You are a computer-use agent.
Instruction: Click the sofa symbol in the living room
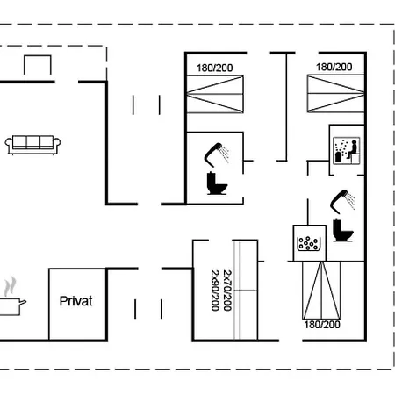pos(32,145)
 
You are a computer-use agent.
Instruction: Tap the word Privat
pos(75,301)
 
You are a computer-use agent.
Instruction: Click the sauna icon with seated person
pos(347,150)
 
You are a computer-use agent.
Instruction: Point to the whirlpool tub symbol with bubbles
pos(309,243)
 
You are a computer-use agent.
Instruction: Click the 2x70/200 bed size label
pos(227,291)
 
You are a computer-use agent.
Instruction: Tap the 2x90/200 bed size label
pos(215,291)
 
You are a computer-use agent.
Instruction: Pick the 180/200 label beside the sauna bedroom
pos(334,67)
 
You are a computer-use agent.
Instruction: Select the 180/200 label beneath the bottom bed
pos(322,325)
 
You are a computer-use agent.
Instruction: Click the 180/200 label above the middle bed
pos(214,68)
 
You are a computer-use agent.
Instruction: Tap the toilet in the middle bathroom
pos(217,183)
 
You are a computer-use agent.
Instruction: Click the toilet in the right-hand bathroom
pos(343,230)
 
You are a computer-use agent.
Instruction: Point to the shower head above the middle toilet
pos(217,154)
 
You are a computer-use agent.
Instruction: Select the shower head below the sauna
pos(342,202)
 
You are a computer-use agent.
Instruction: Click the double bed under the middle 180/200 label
pos(215,94)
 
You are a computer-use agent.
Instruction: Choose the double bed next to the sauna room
pos(336,93)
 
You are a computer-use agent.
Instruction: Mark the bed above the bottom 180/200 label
pos(321,291)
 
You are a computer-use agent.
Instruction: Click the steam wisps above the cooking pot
pos(10,286)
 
